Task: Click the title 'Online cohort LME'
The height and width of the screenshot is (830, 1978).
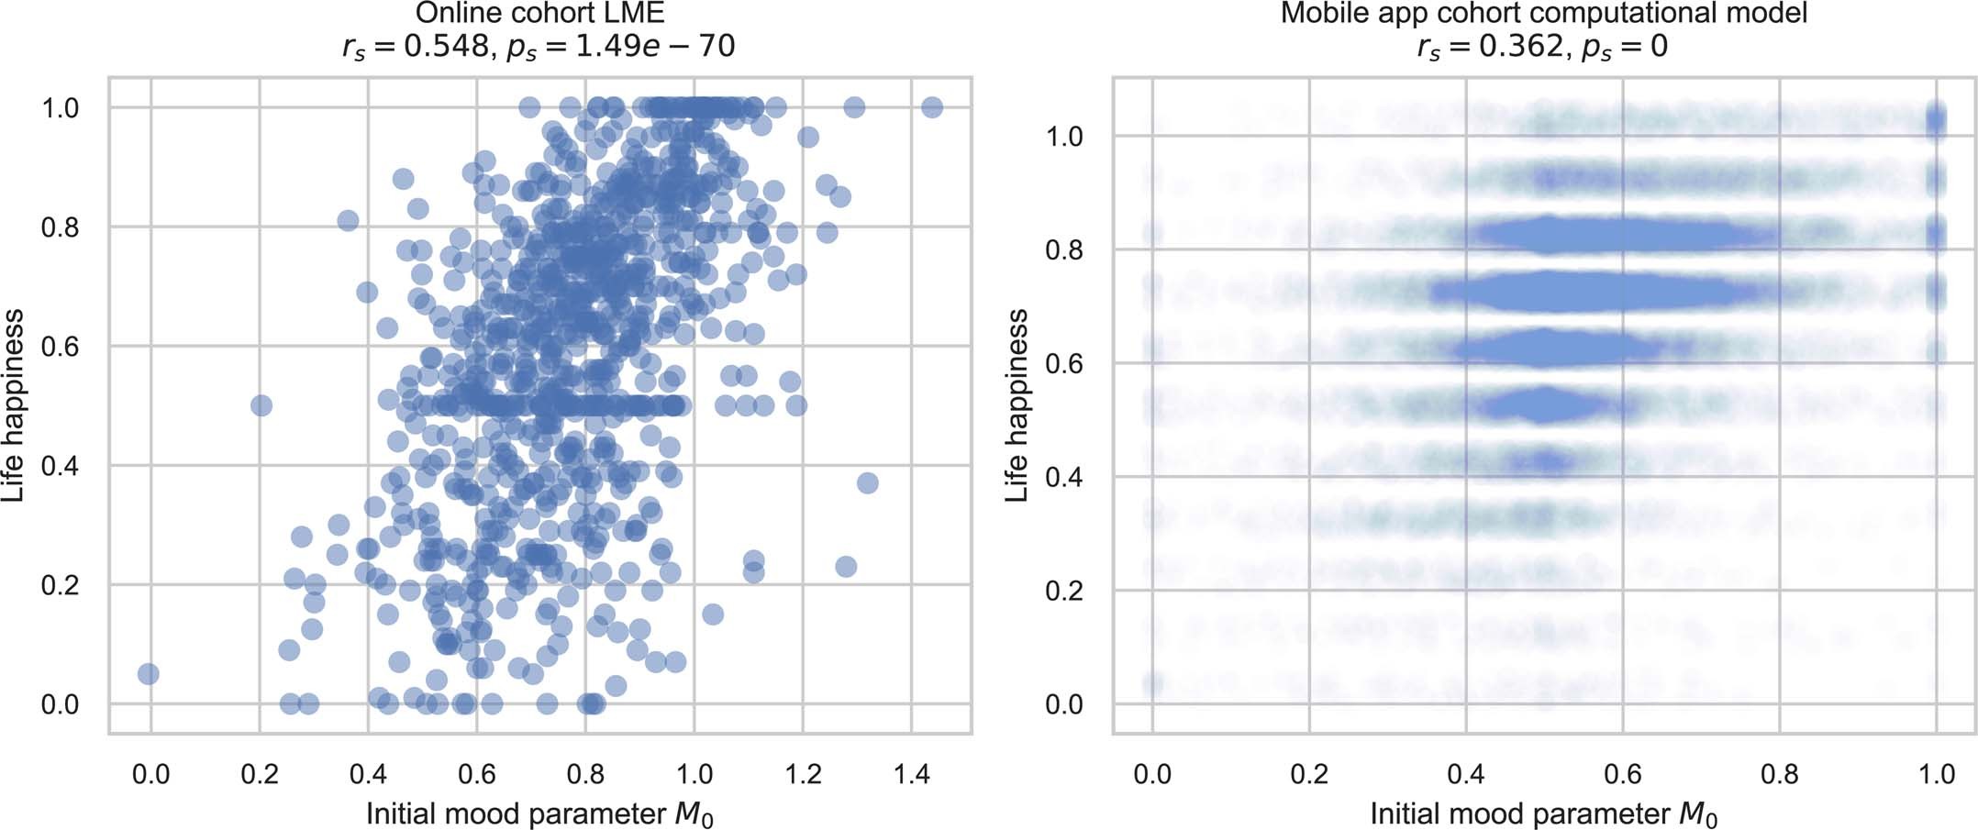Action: tap(539, 14)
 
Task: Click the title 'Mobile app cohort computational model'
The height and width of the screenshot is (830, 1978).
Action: tap(1544, 14)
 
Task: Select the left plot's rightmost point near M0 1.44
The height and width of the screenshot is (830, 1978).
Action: tap(932, 107)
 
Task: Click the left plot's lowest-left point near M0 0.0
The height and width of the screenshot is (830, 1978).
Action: tap(148, 674)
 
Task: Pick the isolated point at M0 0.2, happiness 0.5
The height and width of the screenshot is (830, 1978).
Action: tap(261, 405)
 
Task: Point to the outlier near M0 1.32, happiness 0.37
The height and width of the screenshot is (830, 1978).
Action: tap(867, 482)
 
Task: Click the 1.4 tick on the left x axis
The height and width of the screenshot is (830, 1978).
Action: tap(912, 775)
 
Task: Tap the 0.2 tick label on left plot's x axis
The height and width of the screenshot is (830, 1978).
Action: tap(260, 775)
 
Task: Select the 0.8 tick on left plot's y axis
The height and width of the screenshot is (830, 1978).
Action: tap(61, 227)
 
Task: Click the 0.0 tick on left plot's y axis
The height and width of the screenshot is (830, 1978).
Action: tap(61, 704)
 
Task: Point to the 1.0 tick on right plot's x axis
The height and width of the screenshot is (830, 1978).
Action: tap(1937, 775)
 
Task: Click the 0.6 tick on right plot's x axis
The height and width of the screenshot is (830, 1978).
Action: tap(1623, 775)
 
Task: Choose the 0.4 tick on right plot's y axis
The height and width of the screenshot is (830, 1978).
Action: tap(1064, 477)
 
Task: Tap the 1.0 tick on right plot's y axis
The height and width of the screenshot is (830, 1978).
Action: tap(1064, 137)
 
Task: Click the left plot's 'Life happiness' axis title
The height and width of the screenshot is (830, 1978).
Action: tap(14, 405)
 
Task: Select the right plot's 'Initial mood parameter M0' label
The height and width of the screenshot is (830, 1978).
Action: tap(1544, 814)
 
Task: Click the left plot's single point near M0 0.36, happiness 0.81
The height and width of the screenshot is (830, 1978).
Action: tap(348, 220)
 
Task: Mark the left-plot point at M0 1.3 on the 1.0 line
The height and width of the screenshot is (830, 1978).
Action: tap(854, 107)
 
